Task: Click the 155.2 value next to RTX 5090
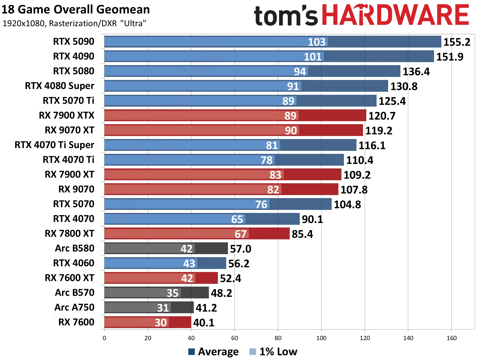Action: tap(457, 42)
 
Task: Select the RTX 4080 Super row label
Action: tap(59, 86)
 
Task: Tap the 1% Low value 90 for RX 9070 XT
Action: tap(291, 131)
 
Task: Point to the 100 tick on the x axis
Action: tap(321, 338)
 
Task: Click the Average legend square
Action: tap(192, 352)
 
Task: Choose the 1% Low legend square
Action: tap(253, 352)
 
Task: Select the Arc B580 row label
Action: tap(75, 248)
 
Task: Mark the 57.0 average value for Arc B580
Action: tap(240, 249)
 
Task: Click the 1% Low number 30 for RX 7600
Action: tap(161, 323)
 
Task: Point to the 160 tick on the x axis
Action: tap(452, 338)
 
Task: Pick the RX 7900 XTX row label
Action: tap(67, 115)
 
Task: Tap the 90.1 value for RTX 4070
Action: tap(312, 219)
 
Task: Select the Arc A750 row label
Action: tap(74, 307)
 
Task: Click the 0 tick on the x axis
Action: tap(104, 338)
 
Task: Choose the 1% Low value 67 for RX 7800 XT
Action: tap(240, 234)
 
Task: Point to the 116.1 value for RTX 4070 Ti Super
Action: tap(372, 146)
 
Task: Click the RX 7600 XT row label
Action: tap(70, 278)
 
